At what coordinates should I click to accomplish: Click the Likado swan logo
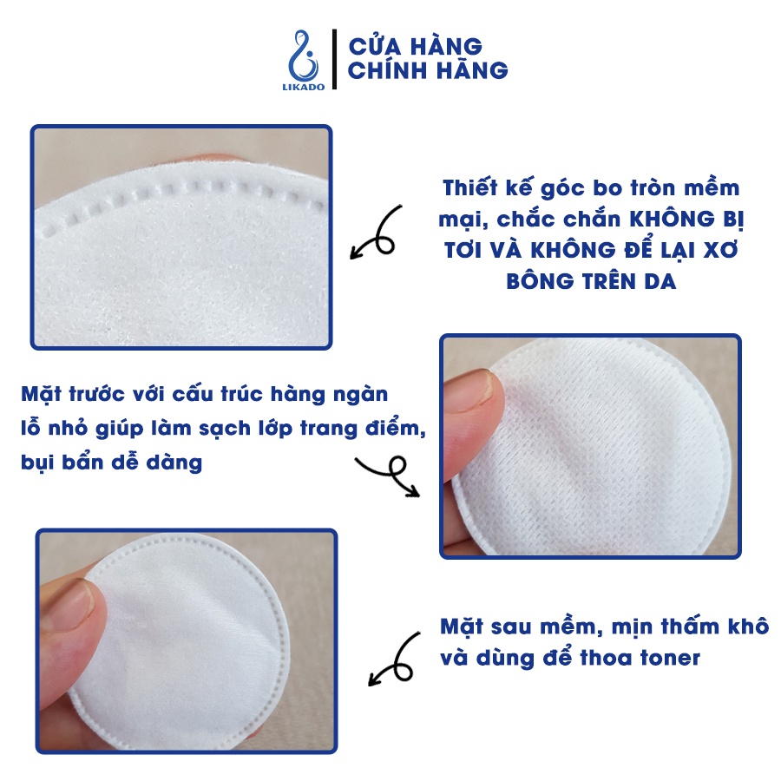(x=304, y=60)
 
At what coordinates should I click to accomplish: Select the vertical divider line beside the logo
(x=334, y=59)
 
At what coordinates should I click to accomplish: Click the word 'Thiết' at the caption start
(x=469, y=187)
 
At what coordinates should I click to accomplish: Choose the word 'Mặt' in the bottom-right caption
(x=463, y=627)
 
